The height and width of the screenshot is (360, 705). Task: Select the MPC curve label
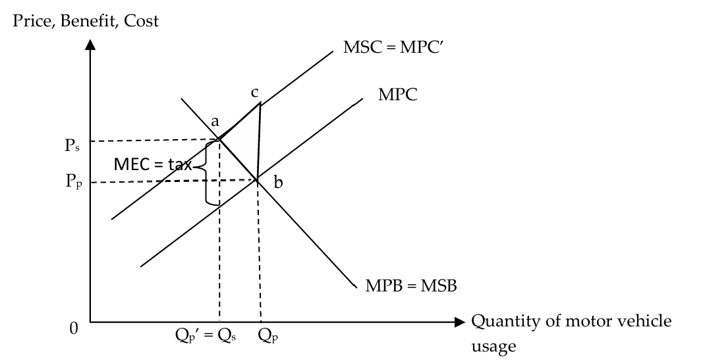397,94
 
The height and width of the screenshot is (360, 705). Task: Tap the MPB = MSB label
411,285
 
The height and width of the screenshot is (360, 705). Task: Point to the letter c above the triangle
254,93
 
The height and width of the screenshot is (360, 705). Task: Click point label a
215,121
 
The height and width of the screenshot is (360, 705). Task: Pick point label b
278,182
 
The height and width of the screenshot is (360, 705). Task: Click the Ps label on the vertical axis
72,145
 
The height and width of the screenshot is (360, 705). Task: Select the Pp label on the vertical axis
74,181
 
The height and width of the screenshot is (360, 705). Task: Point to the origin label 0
74,328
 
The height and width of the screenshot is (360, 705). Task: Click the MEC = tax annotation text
153,164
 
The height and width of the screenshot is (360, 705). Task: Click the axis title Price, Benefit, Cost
86,21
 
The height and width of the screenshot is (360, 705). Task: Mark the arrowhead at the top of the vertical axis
90,45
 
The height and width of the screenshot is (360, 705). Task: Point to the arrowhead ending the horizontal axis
459,322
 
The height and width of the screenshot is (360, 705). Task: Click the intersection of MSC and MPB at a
219,139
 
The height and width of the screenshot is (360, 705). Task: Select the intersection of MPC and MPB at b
257,181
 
